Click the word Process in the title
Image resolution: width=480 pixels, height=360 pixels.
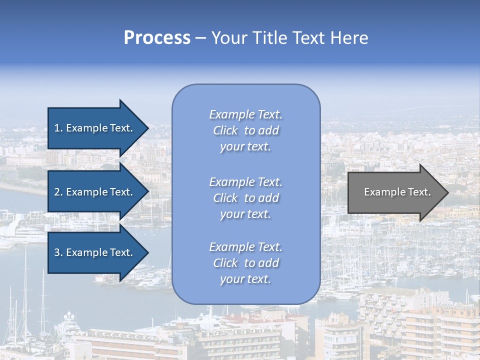click(x=157, y=38)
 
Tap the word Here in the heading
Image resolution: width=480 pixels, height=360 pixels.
click(x=349, y=38)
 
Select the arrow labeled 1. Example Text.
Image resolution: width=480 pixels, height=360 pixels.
click(x=93, y=128)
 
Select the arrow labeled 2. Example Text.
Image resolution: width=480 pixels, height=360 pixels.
click(x=93, y=192)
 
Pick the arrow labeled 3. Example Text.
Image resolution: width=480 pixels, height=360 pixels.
click(x=93, y=252)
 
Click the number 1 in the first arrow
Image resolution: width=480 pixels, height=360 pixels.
click(x=57, y=128)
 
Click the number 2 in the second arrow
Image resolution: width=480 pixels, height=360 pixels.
click(x=57, y=192)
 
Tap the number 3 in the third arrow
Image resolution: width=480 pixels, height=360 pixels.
click(x=57, y=252)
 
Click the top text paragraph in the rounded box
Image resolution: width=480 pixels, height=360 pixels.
click(x=246, y=130)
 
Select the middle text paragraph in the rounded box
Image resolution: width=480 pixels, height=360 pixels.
click(x=246, y=198)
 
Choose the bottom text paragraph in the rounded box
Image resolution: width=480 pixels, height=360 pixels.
click(x=246, y=263)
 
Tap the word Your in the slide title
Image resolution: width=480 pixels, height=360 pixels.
click(x=230, y=38)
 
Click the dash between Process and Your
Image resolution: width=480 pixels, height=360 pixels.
click(x=200, y=38)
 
